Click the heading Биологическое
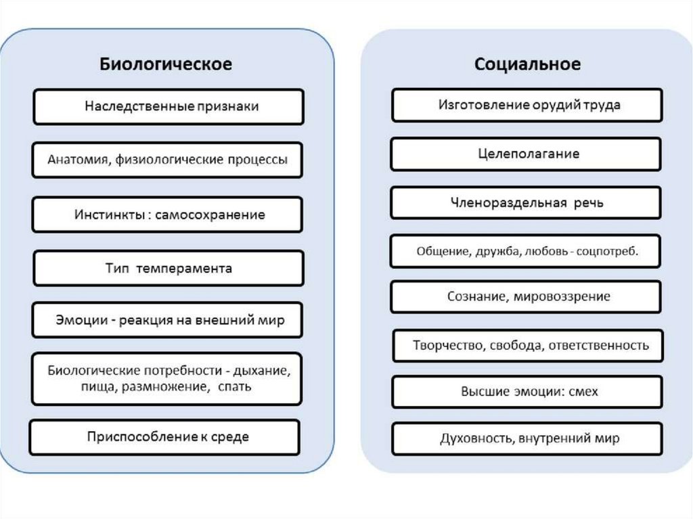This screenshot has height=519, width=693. click(166, 64)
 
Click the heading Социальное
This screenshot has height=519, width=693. click(527, 64)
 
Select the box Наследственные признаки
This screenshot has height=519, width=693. click(169, 107)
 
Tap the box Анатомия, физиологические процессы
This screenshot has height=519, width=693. click(168, 160)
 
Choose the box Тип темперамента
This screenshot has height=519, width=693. click(168, 268)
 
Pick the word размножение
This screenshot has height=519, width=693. click(165, 386)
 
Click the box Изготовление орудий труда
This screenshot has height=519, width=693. click(526, 105)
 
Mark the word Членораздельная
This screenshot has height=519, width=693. click(501, 202)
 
